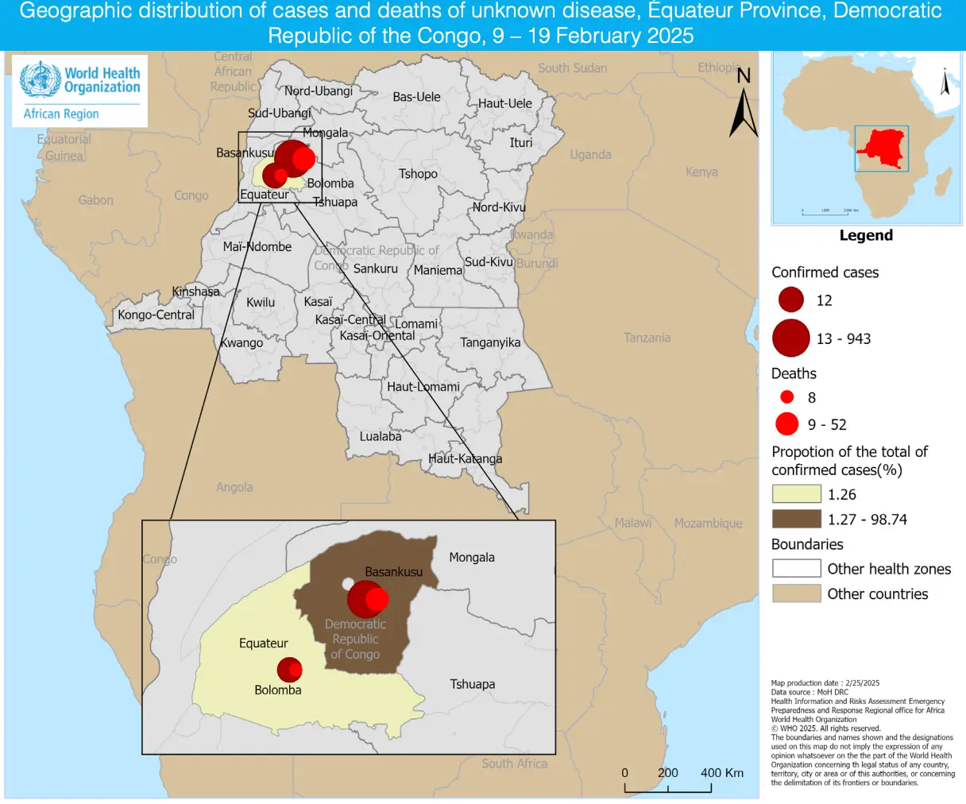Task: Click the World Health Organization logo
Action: point(79,91)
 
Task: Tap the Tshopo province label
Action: point(418,174)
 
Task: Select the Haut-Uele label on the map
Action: point(504,103)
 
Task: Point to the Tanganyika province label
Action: point(490,342)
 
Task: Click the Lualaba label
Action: point(381,436)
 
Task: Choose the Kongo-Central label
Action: point(156,315)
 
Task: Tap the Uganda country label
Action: point(590,155)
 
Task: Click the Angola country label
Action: point(234,487)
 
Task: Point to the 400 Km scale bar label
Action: point(721,772)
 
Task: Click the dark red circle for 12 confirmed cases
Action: point(791,300)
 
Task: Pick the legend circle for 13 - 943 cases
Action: point(790,338)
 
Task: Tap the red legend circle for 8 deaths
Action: point(786,396)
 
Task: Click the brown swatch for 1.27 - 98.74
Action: point(796,520)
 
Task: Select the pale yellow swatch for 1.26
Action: point(796,494)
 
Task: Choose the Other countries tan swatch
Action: point(796,593)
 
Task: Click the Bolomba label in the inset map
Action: point(278,690)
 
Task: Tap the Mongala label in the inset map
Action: point(472,558)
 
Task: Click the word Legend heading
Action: point(866,235)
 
